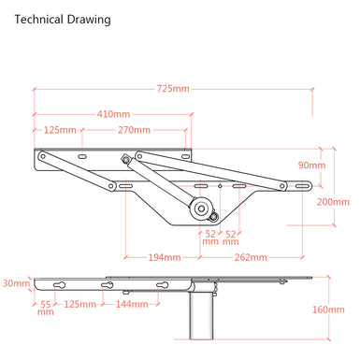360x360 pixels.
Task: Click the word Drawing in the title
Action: pos(89,19)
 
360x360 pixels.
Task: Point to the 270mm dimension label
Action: pos(134,130)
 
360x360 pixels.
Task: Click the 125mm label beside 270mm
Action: pos(60,130)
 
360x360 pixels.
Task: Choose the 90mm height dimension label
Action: pos(311,165)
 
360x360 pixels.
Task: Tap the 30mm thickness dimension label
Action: pos(15,282)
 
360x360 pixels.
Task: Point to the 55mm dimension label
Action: pos(46,308)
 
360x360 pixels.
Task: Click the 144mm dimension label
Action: pos(138,304)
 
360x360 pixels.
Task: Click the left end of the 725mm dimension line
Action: pos(35,90)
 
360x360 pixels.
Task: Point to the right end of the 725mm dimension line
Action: pos(311,90)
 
